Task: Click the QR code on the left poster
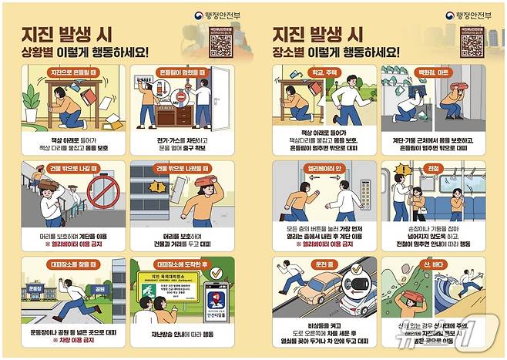(221, 44)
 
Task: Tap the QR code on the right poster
(472, 43)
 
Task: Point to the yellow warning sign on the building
(159, 186)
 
